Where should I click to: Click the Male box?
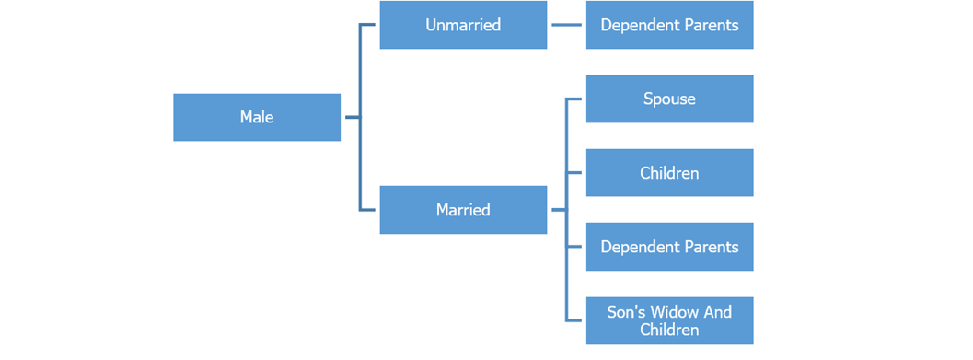257,117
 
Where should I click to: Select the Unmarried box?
463,25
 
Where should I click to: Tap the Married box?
463,210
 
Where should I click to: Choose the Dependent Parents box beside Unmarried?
669,25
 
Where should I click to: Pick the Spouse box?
669,99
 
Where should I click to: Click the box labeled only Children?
669,173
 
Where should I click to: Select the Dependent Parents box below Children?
669,247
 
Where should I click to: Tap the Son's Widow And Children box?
669,320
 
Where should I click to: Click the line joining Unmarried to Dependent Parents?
566,25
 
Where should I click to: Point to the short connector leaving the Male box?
351,117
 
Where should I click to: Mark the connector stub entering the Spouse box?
576,99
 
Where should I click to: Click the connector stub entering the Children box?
576,173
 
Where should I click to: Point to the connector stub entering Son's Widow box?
576,320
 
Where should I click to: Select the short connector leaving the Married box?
557,210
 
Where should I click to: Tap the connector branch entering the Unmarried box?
370,25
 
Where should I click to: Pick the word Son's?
627,312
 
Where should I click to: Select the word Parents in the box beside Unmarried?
710,25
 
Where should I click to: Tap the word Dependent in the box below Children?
637,247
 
